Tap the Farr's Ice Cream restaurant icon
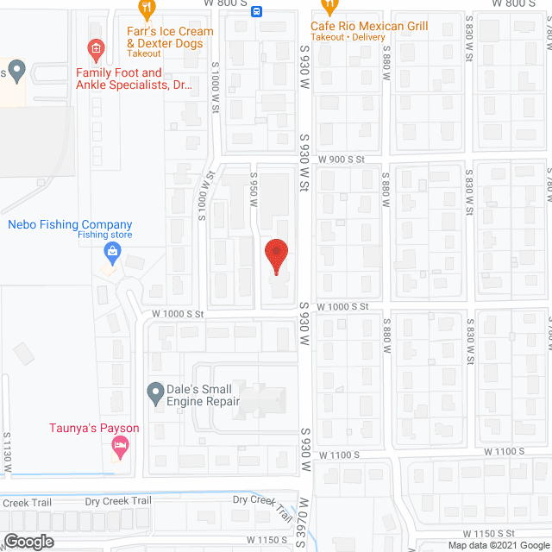(x=147, y=9)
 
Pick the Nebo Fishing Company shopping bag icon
(x=111, y=253)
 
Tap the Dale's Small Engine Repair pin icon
(x=155, y=394)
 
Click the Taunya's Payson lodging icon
(x=120, y=447)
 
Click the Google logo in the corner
(x=28, y=541)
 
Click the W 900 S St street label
(x=342, y=160)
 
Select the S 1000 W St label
(x=205, y=195)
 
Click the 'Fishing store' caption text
(x=105, y=235)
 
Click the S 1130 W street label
(x=8, y=452)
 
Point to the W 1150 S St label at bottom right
(x=494, y=535)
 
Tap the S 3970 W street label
(x=304, y=522)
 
